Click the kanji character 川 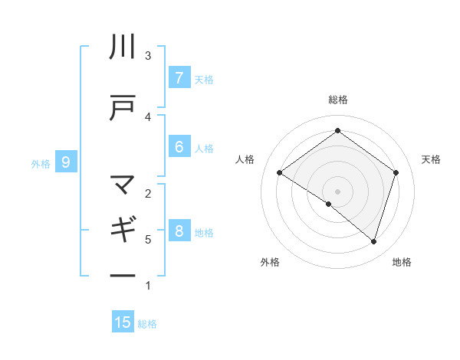[x=123, y=47]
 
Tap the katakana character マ [x=123, y=185]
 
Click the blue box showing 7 [x=179, y=78]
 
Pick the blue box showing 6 [x=179, y=147]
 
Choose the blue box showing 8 [x=179, y=231]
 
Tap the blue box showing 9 [x=67, y=162]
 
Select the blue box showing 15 [x=123, y=322]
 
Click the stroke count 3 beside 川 [x=148, y=55]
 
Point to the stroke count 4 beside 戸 [x=148, y=116]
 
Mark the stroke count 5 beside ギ [x=148, y=239]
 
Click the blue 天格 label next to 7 [x=204, y=79]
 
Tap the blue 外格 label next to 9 [x=41, y=162]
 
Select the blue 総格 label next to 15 [x=147, y=323]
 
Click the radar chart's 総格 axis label [x=337, y=100]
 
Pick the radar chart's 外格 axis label [x=270, y=262]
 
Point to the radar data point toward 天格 [x=396, y=172]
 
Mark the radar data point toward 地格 [x=373, y=241]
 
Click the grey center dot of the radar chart [x=337, y=191]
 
